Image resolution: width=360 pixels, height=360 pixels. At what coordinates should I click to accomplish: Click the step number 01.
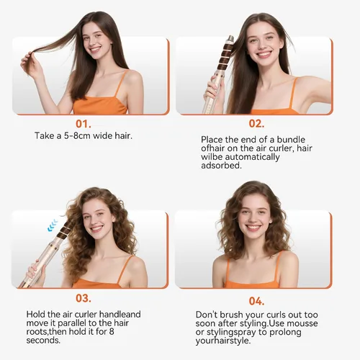pos(84,124)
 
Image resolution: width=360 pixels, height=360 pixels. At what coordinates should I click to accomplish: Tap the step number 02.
pos(256,124)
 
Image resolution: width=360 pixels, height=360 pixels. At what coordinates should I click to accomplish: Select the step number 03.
pos(84,298)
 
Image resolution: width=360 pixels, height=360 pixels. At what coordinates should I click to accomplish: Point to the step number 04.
pos(256,301)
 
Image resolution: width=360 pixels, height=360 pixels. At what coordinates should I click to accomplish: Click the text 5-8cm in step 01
pos(77,136)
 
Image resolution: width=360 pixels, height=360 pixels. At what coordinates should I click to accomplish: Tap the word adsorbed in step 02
pos(221,166)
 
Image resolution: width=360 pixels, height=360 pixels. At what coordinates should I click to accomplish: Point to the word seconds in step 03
pos(43,341)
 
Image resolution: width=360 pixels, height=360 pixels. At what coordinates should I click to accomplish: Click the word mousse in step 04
pos(302,323)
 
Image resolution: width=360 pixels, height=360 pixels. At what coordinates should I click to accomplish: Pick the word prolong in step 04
pos(285,333)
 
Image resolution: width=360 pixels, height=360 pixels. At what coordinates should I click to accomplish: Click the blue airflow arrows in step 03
pos(53,225)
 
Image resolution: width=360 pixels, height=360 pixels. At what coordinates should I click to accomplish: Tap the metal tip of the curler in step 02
pos(230,38)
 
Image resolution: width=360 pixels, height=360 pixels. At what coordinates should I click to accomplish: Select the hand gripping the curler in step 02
pos(214,90)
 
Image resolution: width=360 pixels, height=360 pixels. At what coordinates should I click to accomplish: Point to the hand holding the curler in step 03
pos(36,269)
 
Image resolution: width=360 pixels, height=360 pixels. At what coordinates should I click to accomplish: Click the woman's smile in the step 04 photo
pos(253,228)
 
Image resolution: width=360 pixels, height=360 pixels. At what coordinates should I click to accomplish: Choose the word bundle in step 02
pos(291,140)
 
